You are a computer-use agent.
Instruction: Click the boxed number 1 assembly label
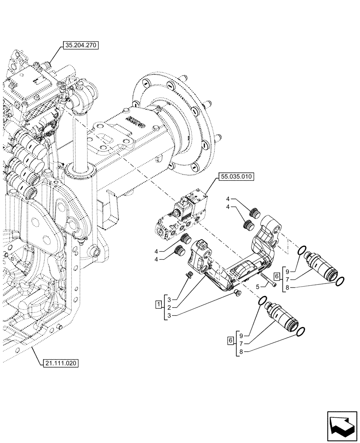tap(158, 304)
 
